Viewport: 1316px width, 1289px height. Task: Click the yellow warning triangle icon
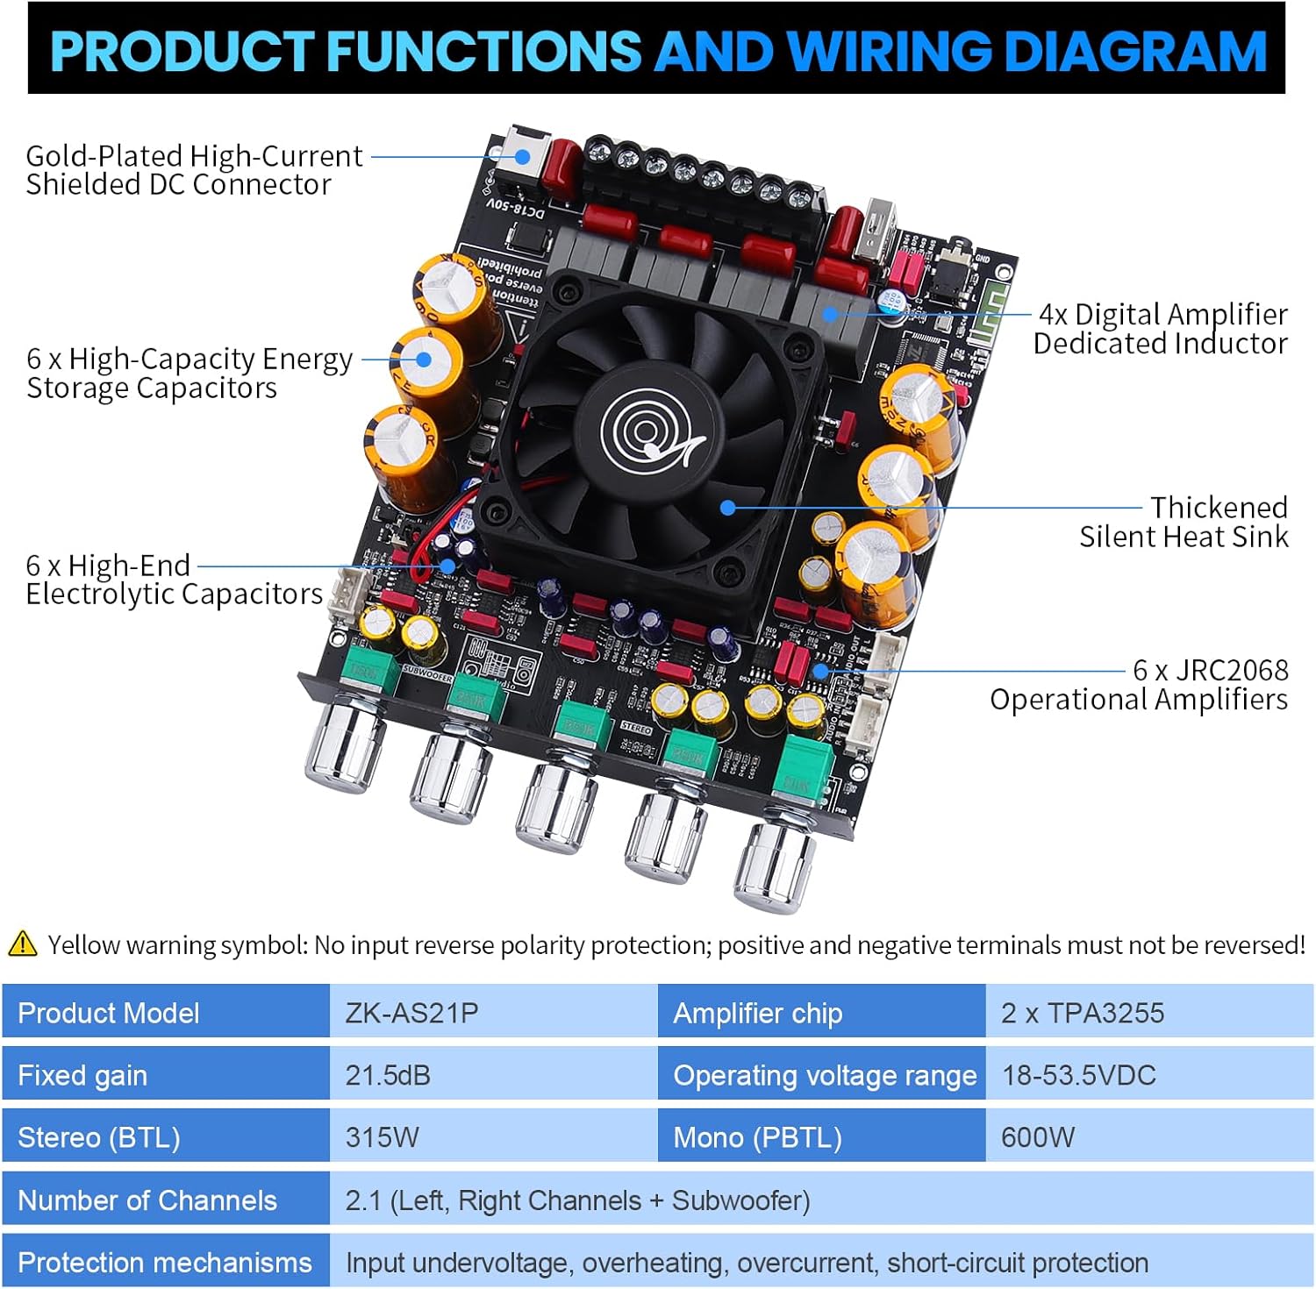pos(22,944)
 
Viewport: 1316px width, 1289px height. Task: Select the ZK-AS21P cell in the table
pos(411,1013)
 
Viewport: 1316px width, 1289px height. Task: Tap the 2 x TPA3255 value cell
pos(1082,1013)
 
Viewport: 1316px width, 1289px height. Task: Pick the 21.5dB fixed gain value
pos(388,1075)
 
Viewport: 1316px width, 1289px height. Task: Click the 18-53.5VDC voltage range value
pos(1078,1075)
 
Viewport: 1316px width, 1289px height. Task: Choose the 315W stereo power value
pos(382,1137)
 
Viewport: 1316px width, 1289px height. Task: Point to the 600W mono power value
pos(1037,1137)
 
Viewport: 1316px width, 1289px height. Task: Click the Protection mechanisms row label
pos(165,1262)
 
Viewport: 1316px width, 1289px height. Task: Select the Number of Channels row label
pos(147,1200)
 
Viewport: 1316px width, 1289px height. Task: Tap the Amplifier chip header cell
pos(757,1013)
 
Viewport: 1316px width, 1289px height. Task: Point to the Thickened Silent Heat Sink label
pos(1184,522)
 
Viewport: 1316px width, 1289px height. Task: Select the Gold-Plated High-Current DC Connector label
pos(193,170)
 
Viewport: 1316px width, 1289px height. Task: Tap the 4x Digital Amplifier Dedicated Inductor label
pos(1160,329)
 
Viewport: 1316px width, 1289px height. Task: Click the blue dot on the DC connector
pos(523,157)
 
